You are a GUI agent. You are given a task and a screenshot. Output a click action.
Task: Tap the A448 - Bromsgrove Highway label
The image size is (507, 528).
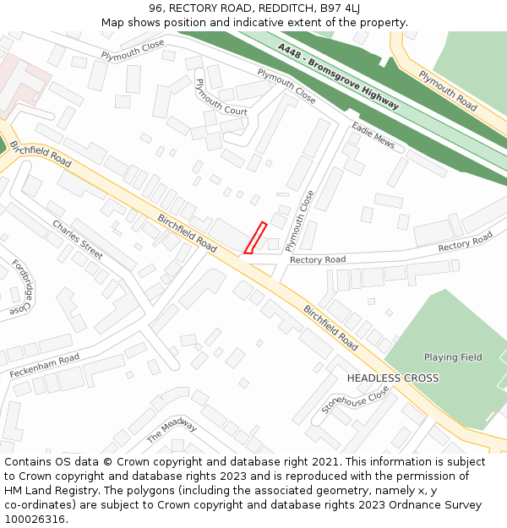click(x=338, y=77)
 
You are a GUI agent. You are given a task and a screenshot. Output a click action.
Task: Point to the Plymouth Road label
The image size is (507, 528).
click(x=448, y=91)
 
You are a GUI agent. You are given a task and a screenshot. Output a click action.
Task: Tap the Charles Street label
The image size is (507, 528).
click(x=78, y=239)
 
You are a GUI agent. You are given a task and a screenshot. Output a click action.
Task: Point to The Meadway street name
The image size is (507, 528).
click(x=172, y=431)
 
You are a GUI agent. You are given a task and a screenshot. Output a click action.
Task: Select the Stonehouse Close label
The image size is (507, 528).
click(x=355, y=400)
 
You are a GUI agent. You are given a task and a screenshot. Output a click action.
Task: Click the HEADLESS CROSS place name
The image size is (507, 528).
click(x=393, y=378)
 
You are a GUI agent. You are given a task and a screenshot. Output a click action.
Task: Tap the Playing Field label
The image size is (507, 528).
click(x=453, y=357)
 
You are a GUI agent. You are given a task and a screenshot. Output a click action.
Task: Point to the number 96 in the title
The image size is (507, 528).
click(x=155, y=9)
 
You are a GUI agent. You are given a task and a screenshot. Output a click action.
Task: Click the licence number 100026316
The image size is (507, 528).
click(x=34, y=519)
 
